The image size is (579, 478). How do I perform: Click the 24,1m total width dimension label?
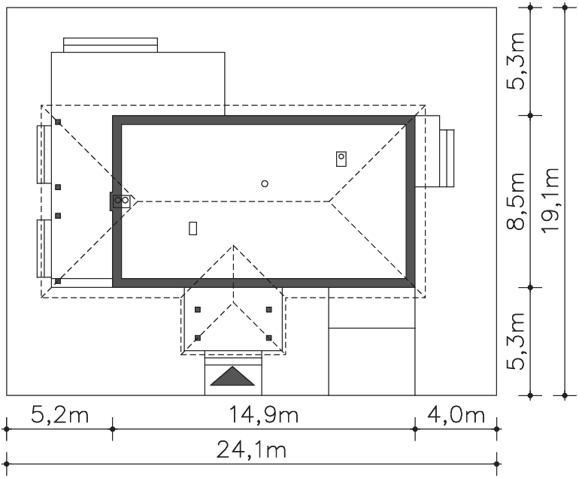click(251, 450)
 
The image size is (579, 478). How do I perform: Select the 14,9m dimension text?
click(264, 415)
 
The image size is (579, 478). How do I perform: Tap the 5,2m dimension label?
click(60, 415)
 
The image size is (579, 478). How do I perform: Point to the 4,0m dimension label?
click(456, 415)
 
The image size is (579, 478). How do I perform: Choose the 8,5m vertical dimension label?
click(516, 201)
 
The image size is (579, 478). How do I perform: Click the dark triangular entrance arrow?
click(232, 376)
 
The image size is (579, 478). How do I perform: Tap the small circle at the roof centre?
click(265, 183)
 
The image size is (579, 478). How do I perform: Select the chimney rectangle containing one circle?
click(341, 159)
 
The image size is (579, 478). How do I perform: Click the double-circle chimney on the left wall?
click(122, 201)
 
